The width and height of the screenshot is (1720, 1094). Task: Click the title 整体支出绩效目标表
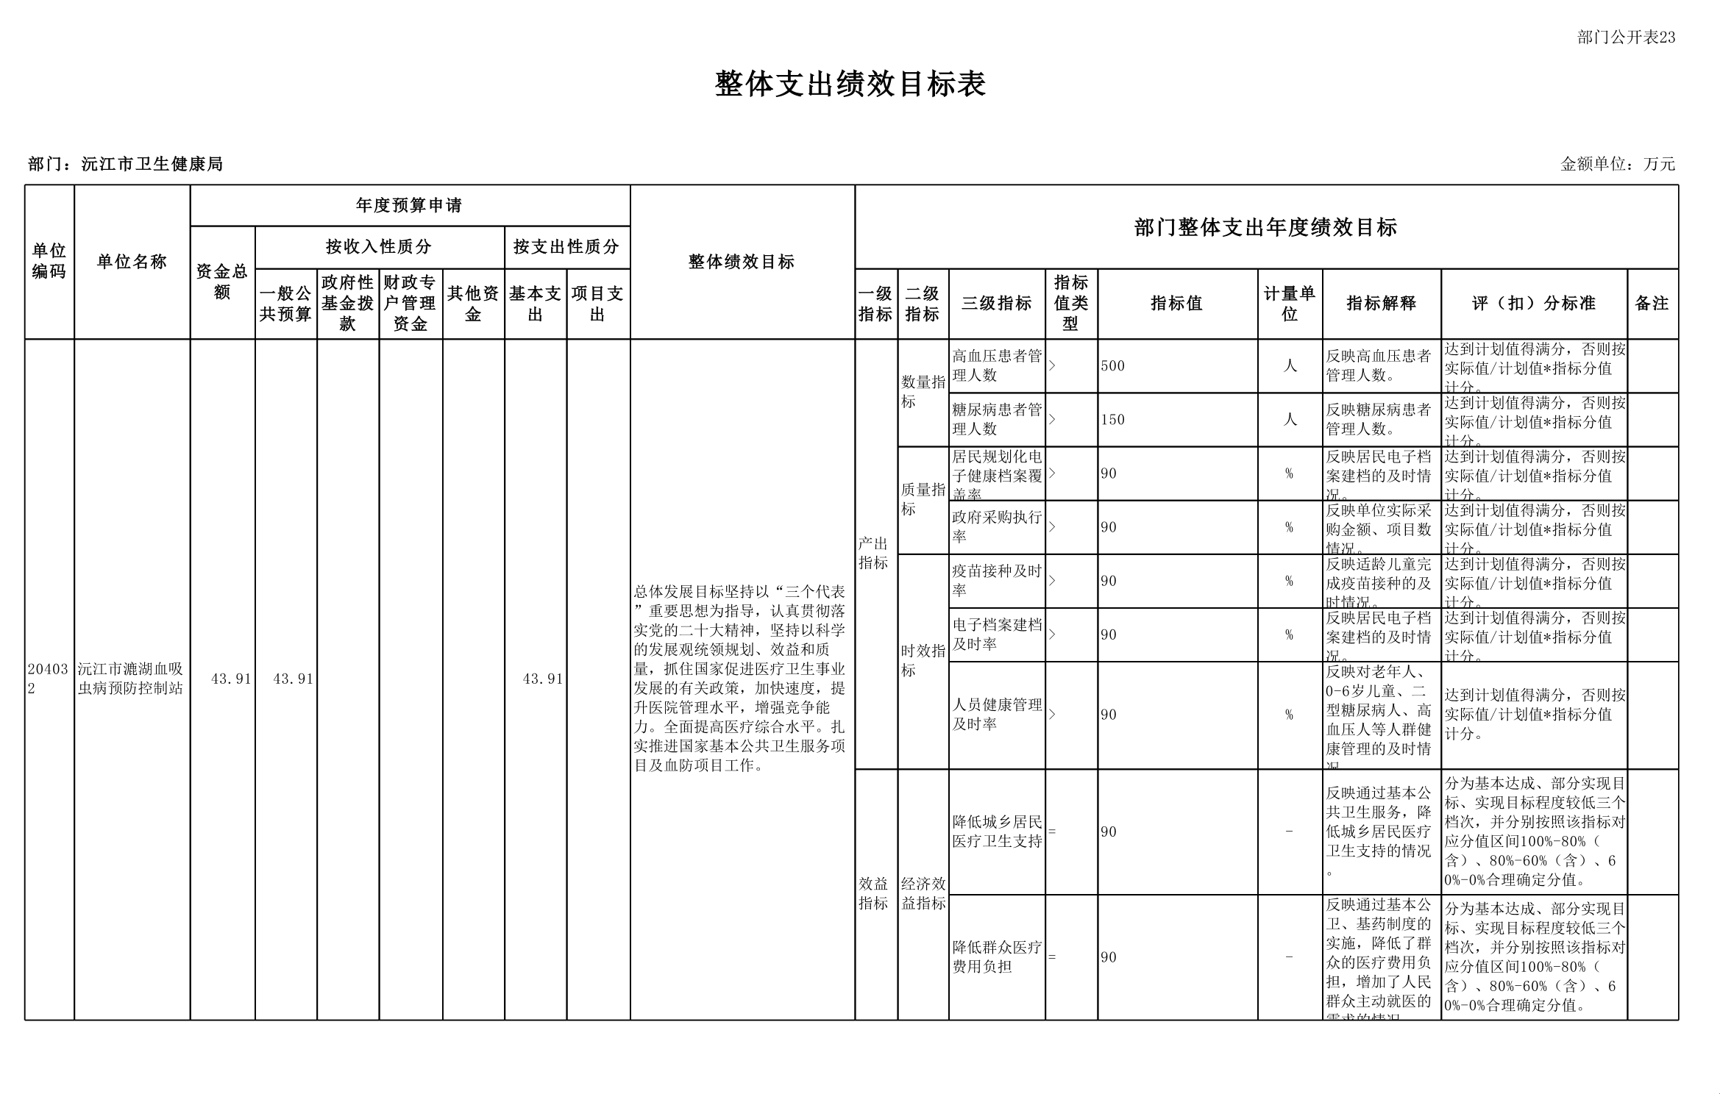[850, 85]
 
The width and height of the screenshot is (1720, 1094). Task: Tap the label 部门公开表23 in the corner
[1626, 37]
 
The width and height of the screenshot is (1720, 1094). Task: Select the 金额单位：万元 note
[1618, 164]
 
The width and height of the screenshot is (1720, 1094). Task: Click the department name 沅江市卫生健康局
[152, 164]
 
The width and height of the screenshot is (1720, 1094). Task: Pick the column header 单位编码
[49, 262]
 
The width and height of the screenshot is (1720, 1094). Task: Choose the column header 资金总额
[222, 282]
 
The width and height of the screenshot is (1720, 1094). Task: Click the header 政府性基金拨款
[348, 303]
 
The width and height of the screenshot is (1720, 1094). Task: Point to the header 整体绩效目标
[742, 262]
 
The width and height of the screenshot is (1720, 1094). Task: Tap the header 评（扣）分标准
[1533, 303]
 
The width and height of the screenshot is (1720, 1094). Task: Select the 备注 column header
[1652, 303]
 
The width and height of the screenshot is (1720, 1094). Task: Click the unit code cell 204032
[48, 679]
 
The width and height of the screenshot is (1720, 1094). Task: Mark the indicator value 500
[1113, 366]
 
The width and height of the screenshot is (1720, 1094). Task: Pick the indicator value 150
[1113, 420]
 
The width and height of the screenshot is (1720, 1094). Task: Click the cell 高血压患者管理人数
[996, 365]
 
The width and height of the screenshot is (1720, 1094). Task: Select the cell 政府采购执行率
[996, 527]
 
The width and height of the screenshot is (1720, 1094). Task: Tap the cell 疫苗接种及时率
[996, 581]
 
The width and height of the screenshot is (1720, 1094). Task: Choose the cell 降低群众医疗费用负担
[996, 957]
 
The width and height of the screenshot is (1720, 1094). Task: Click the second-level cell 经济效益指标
[923, 893]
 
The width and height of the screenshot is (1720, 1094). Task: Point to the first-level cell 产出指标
[874, 553]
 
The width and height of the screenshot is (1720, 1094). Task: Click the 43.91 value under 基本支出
[542, 679]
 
